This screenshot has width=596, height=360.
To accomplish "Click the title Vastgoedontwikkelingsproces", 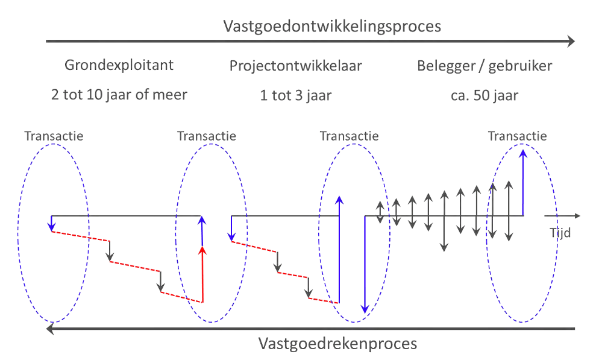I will tap(332, 27).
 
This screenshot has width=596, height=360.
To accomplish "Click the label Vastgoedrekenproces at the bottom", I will tap(337, 344).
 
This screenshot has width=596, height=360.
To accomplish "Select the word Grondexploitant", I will tap(119, 65).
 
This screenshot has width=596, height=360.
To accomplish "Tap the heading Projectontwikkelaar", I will tap(295, 66).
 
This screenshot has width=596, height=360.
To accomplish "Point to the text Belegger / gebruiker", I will tap(485, 66).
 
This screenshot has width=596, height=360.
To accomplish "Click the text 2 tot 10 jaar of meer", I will tap(119, 95).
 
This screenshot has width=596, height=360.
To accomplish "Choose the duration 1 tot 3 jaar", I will tap(296, 95).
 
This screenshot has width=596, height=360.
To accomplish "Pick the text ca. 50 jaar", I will tap(485, 95).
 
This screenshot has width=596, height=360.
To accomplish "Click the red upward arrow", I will tap(202, 274).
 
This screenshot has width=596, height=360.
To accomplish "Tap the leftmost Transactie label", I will tap(54, 136).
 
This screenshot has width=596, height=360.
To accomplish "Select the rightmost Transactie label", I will tap(517, 136).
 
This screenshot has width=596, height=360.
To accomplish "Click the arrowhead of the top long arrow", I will tap(571, 42).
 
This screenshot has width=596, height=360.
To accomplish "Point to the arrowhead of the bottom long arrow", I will tap(51, 329).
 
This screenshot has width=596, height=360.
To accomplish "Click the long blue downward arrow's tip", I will tap(364, 309).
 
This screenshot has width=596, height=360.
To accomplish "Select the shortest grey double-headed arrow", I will tap(380, 212).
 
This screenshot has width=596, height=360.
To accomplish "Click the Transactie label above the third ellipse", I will tap(350, 136).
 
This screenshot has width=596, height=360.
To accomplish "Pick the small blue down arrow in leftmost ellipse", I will tap(51, 224).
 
